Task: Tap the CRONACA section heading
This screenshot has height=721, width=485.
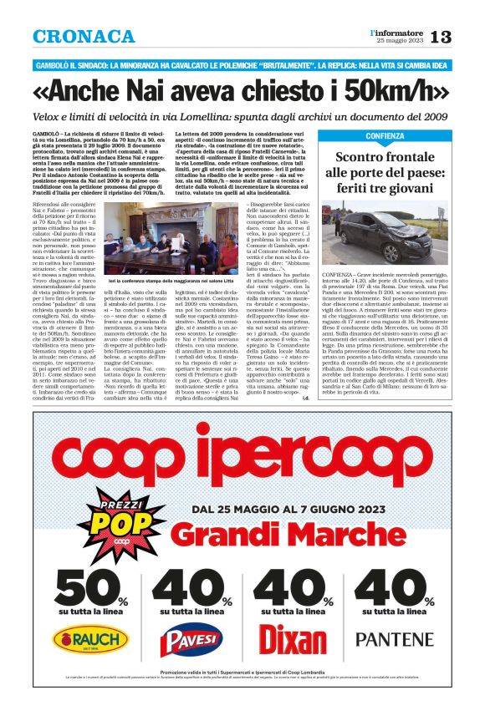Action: pos(84,37)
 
